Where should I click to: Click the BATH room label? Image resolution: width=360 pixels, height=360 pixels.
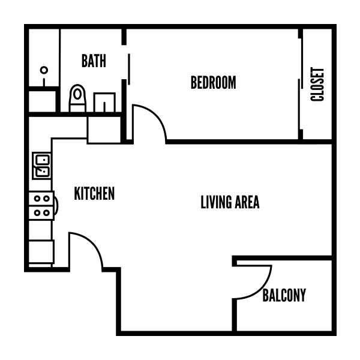click(x=94, y=61)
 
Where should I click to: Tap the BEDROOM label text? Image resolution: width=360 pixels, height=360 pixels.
click(x=213, y=82)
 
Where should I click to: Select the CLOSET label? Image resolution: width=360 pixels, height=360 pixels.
click(x=317, y=83)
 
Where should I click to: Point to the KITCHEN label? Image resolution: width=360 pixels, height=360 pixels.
click(x=94, y=193)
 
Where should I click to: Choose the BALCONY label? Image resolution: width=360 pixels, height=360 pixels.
click(x=284, y=295)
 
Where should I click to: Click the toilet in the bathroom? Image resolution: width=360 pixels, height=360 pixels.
click(x=77, y=98)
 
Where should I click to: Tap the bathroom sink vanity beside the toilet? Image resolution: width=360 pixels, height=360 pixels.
click(x=106, y=103)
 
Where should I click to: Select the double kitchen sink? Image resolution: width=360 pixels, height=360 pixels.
click(x=41, y=166)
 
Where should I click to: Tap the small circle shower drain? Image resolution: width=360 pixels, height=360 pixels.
click(x=44, y=70)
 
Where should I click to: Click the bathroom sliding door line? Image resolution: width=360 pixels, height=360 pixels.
click(x=128, y=68)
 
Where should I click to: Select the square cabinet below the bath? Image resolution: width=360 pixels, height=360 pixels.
click(x=104, y=129)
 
